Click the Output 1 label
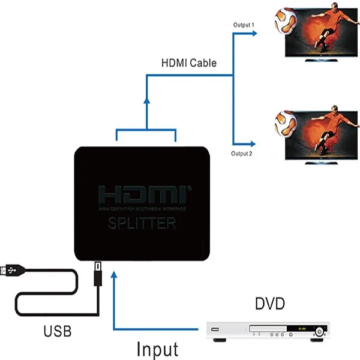tap(244, 25)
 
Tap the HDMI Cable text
tap(189, 62)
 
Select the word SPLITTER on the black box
tap(142, 224)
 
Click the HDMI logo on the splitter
tap(142, 195)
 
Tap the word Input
tap(157, 349)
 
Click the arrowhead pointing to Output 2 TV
tap(257, 144)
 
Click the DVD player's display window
tap(299, 329)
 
